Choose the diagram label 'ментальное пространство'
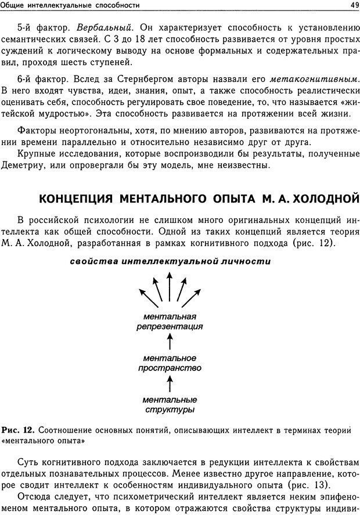click(x=170, y=363)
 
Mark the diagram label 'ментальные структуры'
click(x=170, y=405)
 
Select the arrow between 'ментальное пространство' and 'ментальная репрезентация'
click(x=170, y=342)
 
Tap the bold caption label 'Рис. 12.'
click(x=18, y=430)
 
